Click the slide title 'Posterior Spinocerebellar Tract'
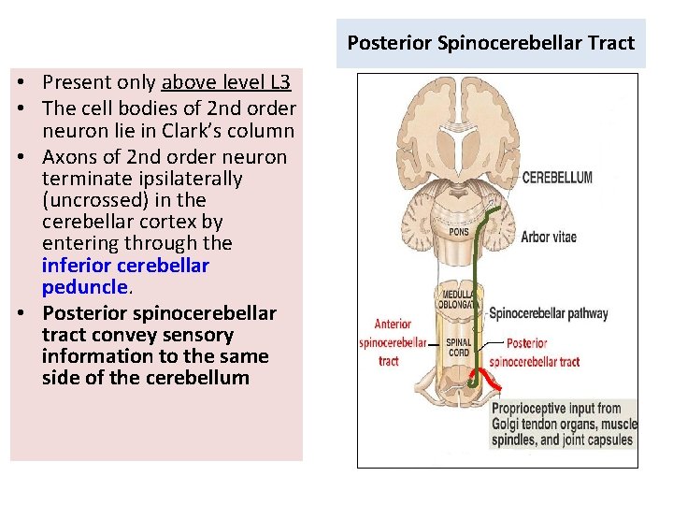click(491, 43)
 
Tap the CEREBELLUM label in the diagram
click(557, 178)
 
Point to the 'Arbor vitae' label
click(549, 237)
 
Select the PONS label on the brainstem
click(460, 232)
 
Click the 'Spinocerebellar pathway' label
click(549, 314)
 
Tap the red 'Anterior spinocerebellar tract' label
click(393, 341)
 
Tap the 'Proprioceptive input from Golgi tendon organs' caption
click(564, 424)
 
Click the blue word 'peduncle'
click(83, 286)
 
